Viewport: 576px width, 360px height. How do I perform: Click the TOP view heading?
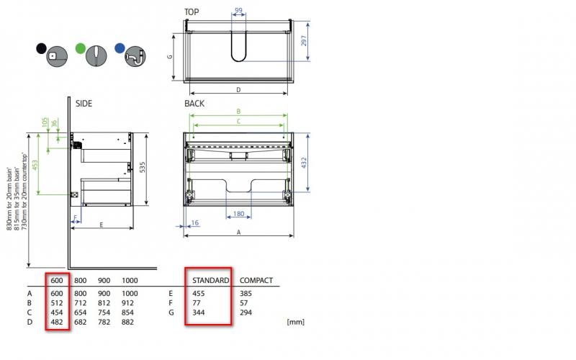pyautogui.click(x=192, y=12)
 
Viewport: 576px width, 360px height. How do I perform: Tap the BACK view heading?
pyautogui.click(x=194, y=104)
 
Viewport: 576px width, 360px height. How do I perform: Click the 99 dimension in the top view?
pyautogui.click(x=238, y=11)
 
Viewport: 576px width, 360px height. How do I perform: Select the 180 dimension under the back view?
pyautogui.click(x=238, y=214)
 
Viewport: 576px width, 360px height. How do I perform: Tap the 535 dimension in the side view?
pyautogui.click(x=143, y=168)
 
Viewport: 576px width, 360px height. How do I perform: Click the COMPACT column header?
pyautogui.click(x=256, y=280)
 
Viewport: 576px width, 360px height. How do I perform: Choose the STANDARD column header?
pyautogui.click(x=207, y=280)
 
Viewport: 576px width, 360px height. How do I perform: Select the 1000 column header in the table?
pyautogui.click(x=130, y=280)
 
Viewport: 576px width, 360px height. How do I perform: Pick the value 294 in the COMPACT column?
pyautogui.click(x=246, y=312)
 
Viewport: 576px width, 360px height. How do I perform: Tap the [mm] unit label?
pyautogui.click(x=295, y=322)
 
